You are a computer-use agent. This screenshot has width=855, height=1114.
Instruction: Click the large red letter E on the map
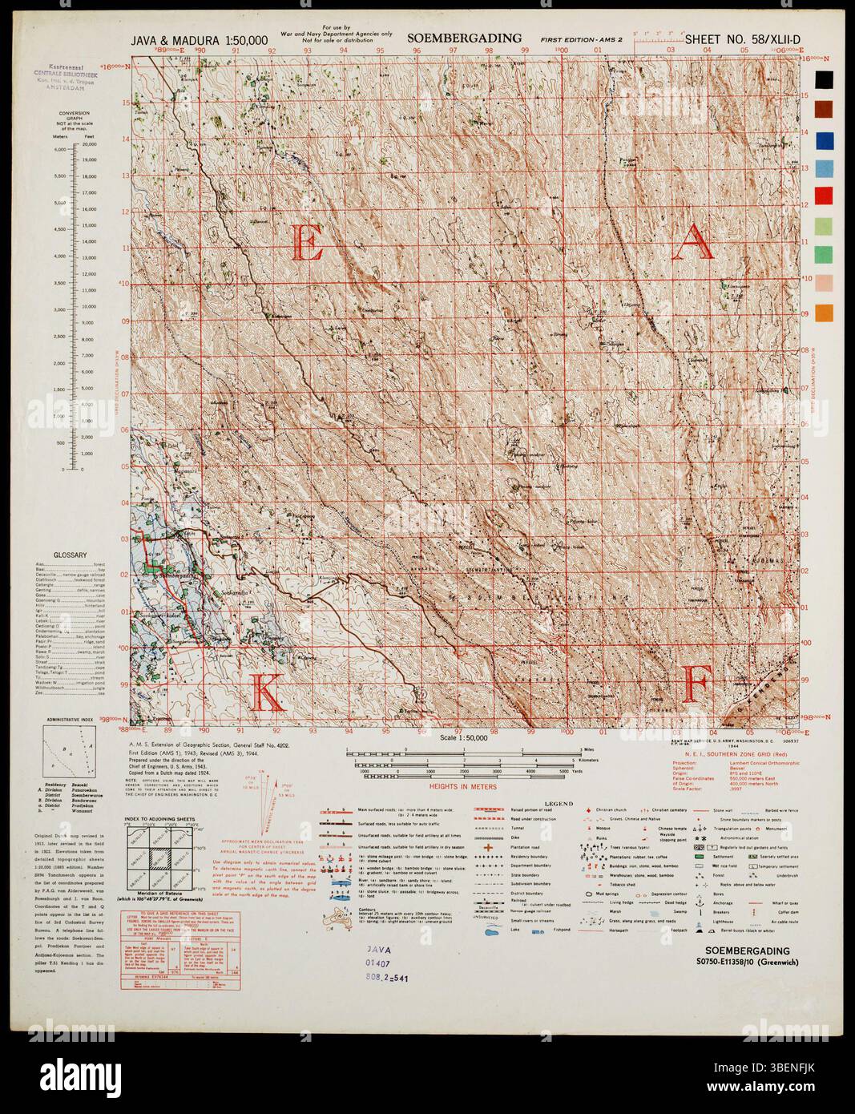pyautogui.click(x=310, y=243)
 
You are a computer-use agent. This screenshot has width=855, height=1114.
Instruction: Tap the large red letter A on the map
pyautogui.click(x=692, y=243)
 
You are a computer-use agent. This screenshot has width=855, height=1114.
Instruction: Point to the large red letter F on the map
pyautogui.click(x=697, y=686)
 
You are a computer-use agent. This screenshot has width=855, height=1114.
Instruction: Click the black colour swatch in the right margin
pyautogui.click(x=824, y=79)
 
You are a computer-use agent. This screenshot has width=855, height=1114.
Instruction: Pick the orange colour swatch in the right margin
pyautogui.click(x=824, y=313)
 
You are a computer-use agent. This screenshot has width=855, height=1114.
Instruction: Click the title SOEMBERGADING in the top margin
pyautogui.click(x=464, y=38)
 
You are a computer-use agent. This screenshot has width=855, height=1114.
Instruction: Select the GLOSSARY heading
pyautogui.click(x=71, y=555)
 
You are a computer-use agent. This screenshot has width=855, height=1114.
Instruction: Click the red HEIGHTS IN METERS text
pyautogui.click(x=462, y=786)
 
